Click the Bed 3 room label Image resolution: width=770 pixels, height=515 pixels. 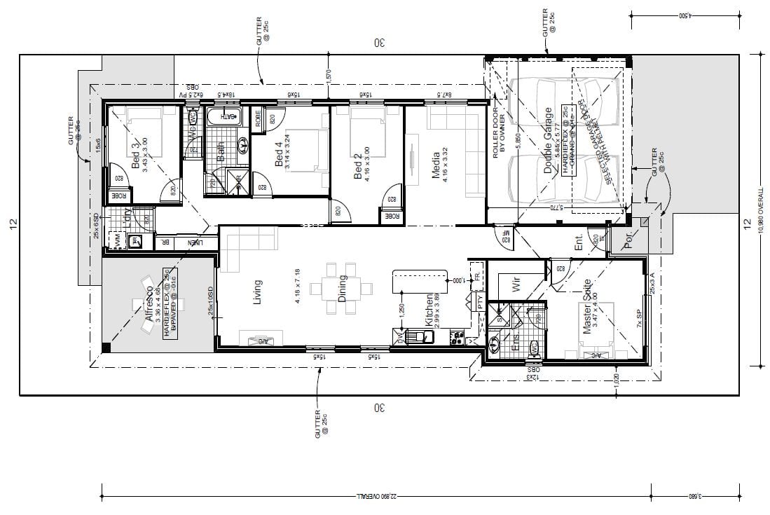click(x=135, y=153)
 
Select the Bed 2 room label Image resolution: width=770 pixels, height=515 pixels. click(x=357, y=167)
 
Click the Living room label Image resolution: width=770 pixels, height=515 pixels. click(x=258, y=292)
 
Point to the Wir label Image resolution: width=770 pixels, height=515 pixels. click(x=516, y=284)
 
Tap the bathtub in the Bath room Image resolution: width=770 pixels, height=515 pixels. click(x=224, y=116)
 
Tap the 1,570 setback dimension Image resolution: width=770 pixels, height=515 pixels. click(x=328, y=75)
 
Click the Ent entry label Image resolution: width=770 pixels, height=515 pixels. click(x=579, y=243)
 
